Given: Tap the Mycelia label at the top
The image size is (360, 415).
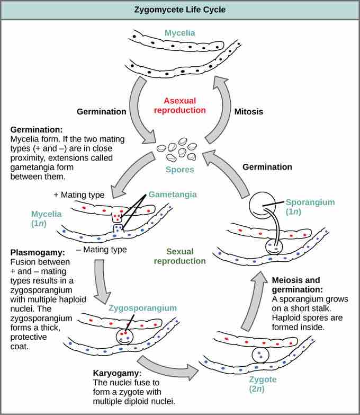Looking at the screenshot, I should point(179,33).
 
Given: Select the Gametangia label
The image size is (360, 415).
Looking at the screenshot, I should point(172,195).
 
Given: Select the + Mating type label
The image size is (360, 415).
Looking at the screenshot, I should point(78,195).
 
